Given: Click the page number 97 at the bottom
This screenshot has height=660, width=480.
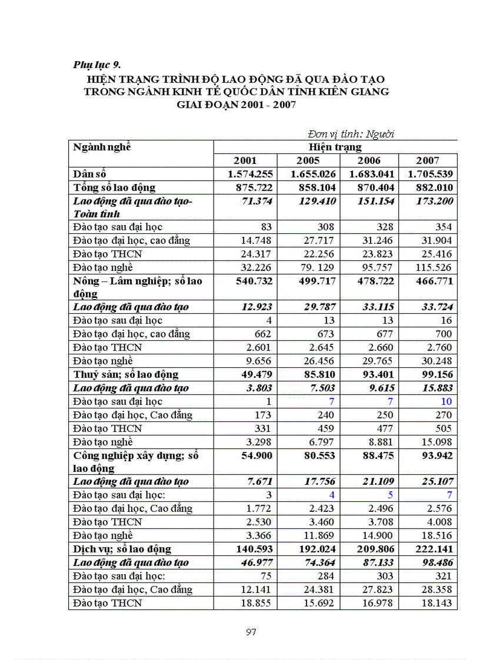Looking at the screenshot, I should pos(251,632).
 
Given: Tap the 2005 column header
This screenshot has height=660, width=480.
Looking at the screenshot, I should pos(308,160).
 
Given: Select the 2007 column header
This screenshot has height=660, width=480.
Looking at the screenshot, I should pos(428,160).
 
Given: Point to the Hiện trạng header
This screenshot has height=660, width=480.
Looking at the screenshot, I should pos(335,147).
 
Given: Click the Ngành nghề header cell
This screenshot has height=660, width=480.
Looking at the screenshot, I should pos(102,147).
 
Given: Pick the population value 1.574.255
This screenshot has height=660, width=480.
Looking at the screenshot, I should pos(251,174).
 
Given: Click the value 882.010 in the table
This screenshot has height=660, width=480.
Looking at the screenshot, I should pos(431,187).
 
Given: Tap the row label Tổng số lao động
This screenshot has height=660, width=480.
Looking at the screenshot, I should pos(114,187).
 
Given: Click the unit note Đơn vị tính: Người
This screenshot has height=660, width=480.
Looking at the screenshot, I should pos(351,134).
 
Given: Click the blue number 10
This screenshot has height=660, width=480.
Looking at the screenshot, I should pos(446,401).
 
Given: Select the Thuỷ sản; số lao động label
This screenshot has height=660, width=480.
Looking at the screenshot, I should pos(125,374).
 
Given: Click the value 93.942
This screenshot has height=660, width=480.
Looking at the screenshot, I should pos(434,456).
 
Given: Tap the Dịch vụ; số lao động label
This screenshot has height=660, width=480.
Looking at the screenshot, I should pos(122,549).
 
